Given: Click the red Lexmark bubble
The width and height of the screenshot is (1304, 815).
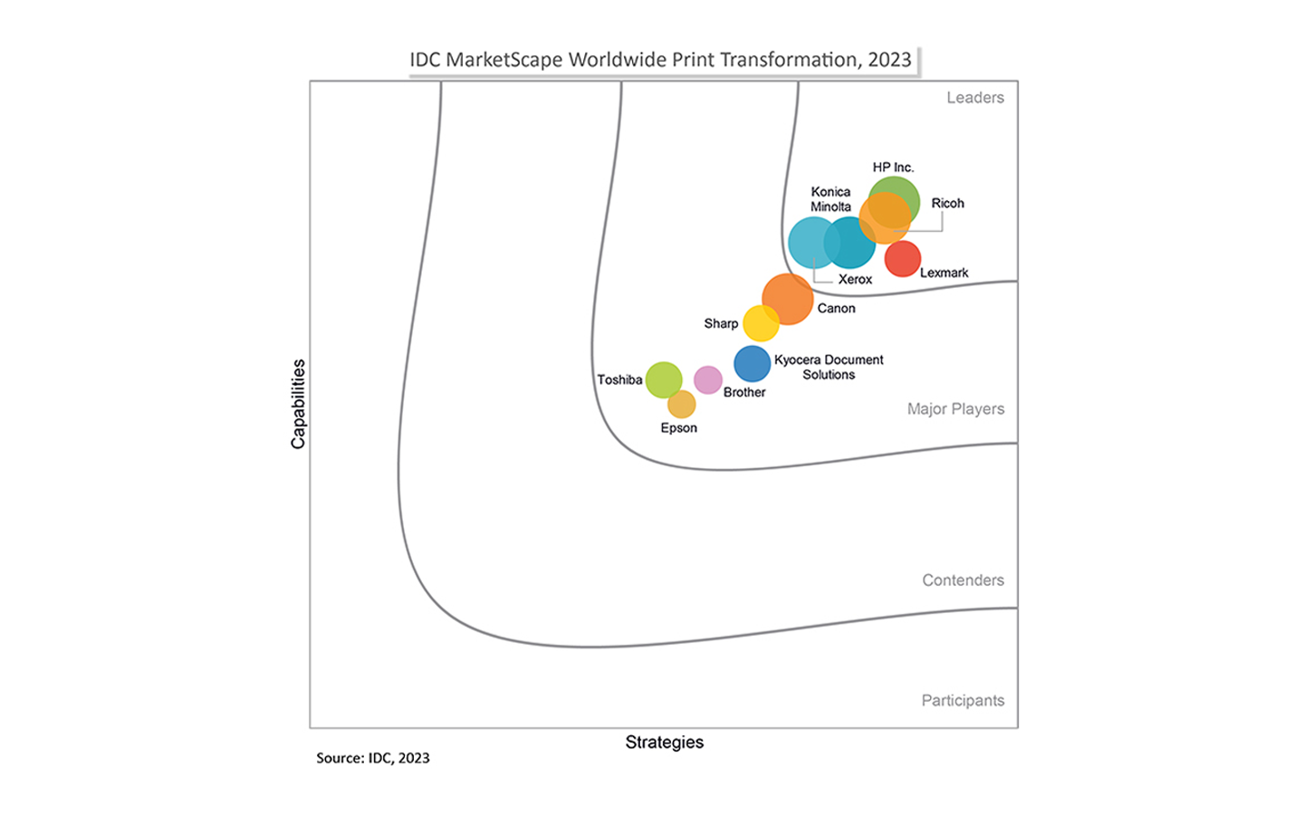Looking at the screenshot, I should coord(903,259).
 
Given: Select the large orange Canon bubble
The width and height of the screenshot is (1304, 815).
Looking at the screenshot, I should coord(788,298).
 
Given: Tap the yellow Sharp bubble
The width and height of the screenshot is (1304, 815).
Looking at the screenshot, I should coord(761,323).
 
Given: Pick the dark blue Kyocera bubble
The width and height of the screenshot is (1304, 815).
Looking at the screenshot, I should coord(752,363).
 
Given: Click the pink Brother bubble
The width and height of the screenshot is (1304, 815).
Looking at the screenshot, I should coord(707,380).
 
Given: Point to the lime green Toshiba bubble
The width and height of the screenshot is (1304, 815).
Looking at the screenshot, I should coord(664,379).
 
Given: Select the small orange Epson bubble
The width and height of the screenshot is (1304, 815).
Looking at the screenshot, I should coord(681,404).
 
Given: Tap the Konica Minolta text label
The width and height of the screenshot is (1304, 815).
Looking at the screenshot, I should coord(830,199).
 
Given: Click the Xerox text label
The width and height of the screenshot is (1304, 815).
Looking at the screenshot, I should coord(855,279).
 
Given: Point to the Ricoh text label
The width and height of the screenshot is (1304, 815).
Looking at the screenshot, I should coord(947,203).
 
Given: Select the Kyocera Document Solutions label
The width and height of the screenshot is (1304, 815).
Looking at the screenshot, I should coord(829,367).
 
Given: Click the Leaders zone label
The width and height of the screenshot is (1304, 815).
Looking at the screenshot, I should coord(975,98).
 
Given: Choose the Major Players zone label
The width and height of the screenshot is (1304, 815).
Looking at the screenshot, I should coord(955,408).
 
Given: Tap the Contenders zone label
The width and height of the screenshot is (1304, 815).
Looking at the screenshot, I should coord(963,580).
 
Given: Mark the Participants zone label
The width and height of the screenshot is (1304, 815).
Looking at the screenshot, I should coord(963,700).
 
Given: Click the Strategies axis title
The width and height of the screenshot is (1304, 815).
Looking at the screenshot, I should coord(664,742).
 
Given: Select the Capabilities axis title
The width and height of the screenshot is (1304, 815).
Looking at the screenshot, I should coord(298,404).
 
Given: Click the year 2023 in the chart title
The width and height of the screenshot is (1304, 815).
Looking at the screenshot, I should coord(889,60).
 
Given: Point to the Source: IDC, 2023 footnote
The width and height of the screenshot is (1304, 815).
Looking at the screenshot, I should coord(372,758).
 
